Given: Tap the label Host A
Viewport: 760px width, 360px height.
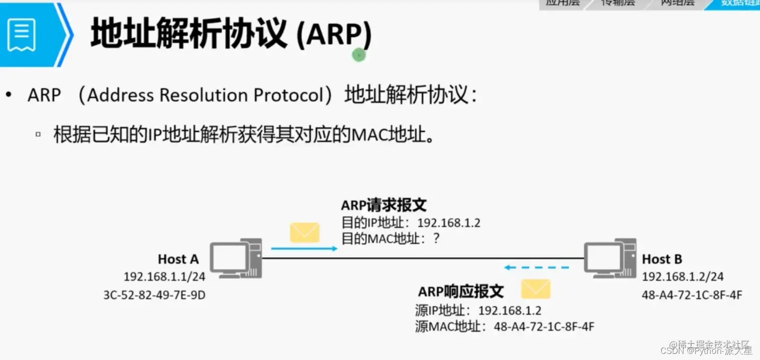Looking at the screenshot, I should [x=178, y=259].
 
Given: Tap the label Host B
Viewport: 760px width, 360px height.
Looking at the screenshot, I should [x=662, y=259].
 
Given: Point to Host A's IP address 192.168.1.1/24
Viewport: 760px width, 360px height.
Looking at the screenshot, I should [x=164, y=277].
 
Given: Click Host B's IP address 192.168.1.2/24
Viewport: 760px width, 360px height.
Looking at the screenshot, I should [x=683, y=277].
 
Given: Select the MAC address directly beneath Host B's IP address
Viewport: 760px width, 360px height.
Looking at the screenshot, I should [x=692, y=295].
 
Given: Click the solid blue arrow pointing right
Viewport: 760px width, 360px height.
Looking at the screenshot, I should [x=304, y=248].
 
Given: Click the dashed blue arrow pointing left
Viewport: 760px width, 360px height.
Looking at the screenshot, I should [x=536, y=267].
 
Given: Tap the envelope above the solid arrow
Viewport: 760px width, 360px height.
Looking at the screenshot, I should [x=305, y=233].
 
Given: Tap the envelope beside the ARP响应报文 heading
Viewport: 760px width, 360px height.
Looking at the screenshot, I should [x=535, y=289].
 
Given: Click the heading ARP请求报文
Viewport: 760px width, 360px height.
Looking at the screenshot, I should [x=384, y=205].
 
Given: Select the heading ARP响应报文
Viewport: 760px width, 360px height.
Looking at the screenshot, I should [x=460, y=292].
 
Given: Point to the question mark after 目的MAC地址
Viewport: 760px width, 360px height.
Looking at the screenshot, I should [x=436, y=238].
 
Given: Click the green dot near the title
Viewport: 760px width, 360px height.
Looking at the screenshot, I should [x=358, y=55].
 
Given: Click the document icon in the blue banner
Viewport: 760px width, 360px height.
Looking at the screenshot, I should [x=22, y=34].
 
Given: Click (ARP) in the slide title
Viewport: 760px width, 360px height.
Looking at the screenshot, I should [x=334, y=35].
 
